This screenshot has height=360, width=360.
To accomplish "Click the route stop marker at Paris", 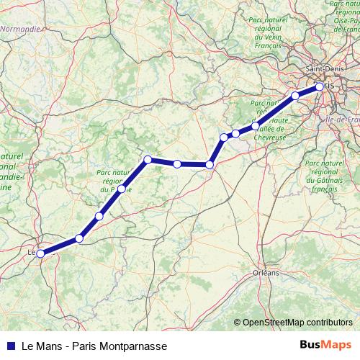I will [x=320, y=87].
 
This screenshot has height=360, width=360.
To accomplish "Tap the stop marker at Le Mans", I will [x=40, y=253].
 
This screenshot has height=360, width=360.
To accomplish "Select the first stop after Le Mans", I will [x=79, y=238].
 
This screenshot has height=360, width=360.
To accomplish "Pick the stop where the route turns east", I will [x=147, y=159].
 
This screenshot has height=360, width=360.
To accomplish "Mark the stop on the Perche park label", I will [x=122, y=189].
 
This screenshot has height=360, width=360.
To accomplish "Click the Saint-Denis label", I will [x=324, y=69].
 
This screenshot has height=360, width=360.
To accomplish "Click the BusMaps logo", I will [x=326, y=345].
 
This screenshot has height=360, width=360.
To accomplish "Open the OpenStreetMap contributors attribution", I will [x=297, y=323].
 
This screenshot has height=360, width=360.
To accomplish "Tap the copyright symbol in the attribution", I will [x=238, y=323].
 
